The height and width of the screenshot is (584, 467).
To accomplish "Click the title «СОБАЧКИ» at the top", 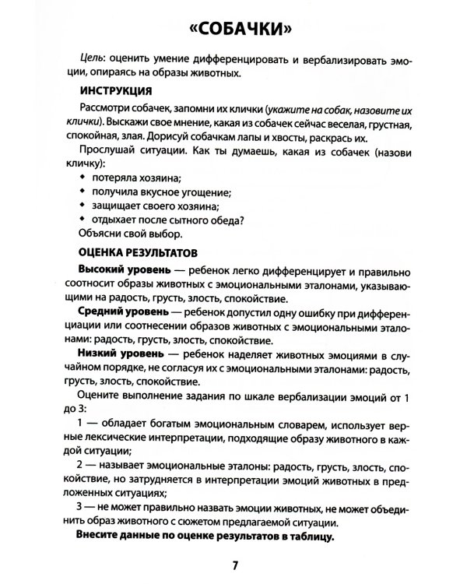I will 233,30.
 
